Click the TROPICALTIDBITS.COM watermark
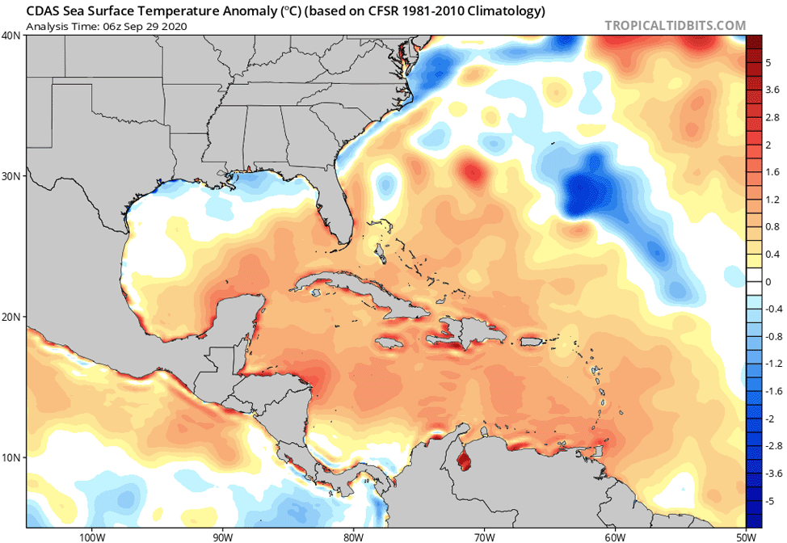[x=675, y=26]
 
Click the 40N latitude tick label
[x=11, y=36]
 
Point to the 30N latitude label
[x=11, y=176]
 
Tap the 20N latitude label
[x=11, y=317]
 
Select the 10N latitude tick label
[x=11, y=457]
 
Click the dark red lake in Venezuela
[x=464, y=462]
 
